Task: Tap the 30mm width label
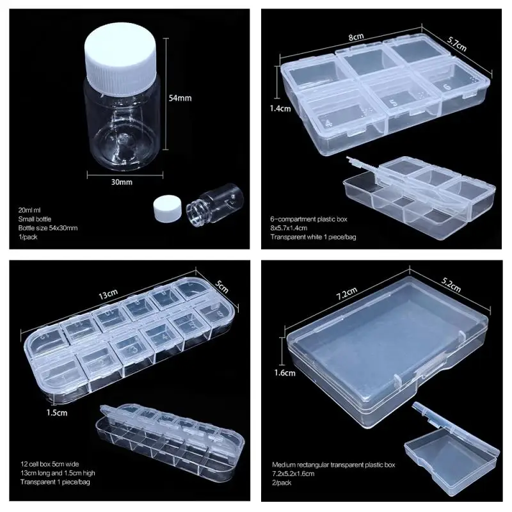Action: [x=121, y=182]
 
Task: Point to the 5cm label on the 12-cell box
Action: [x=222, y=284]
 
